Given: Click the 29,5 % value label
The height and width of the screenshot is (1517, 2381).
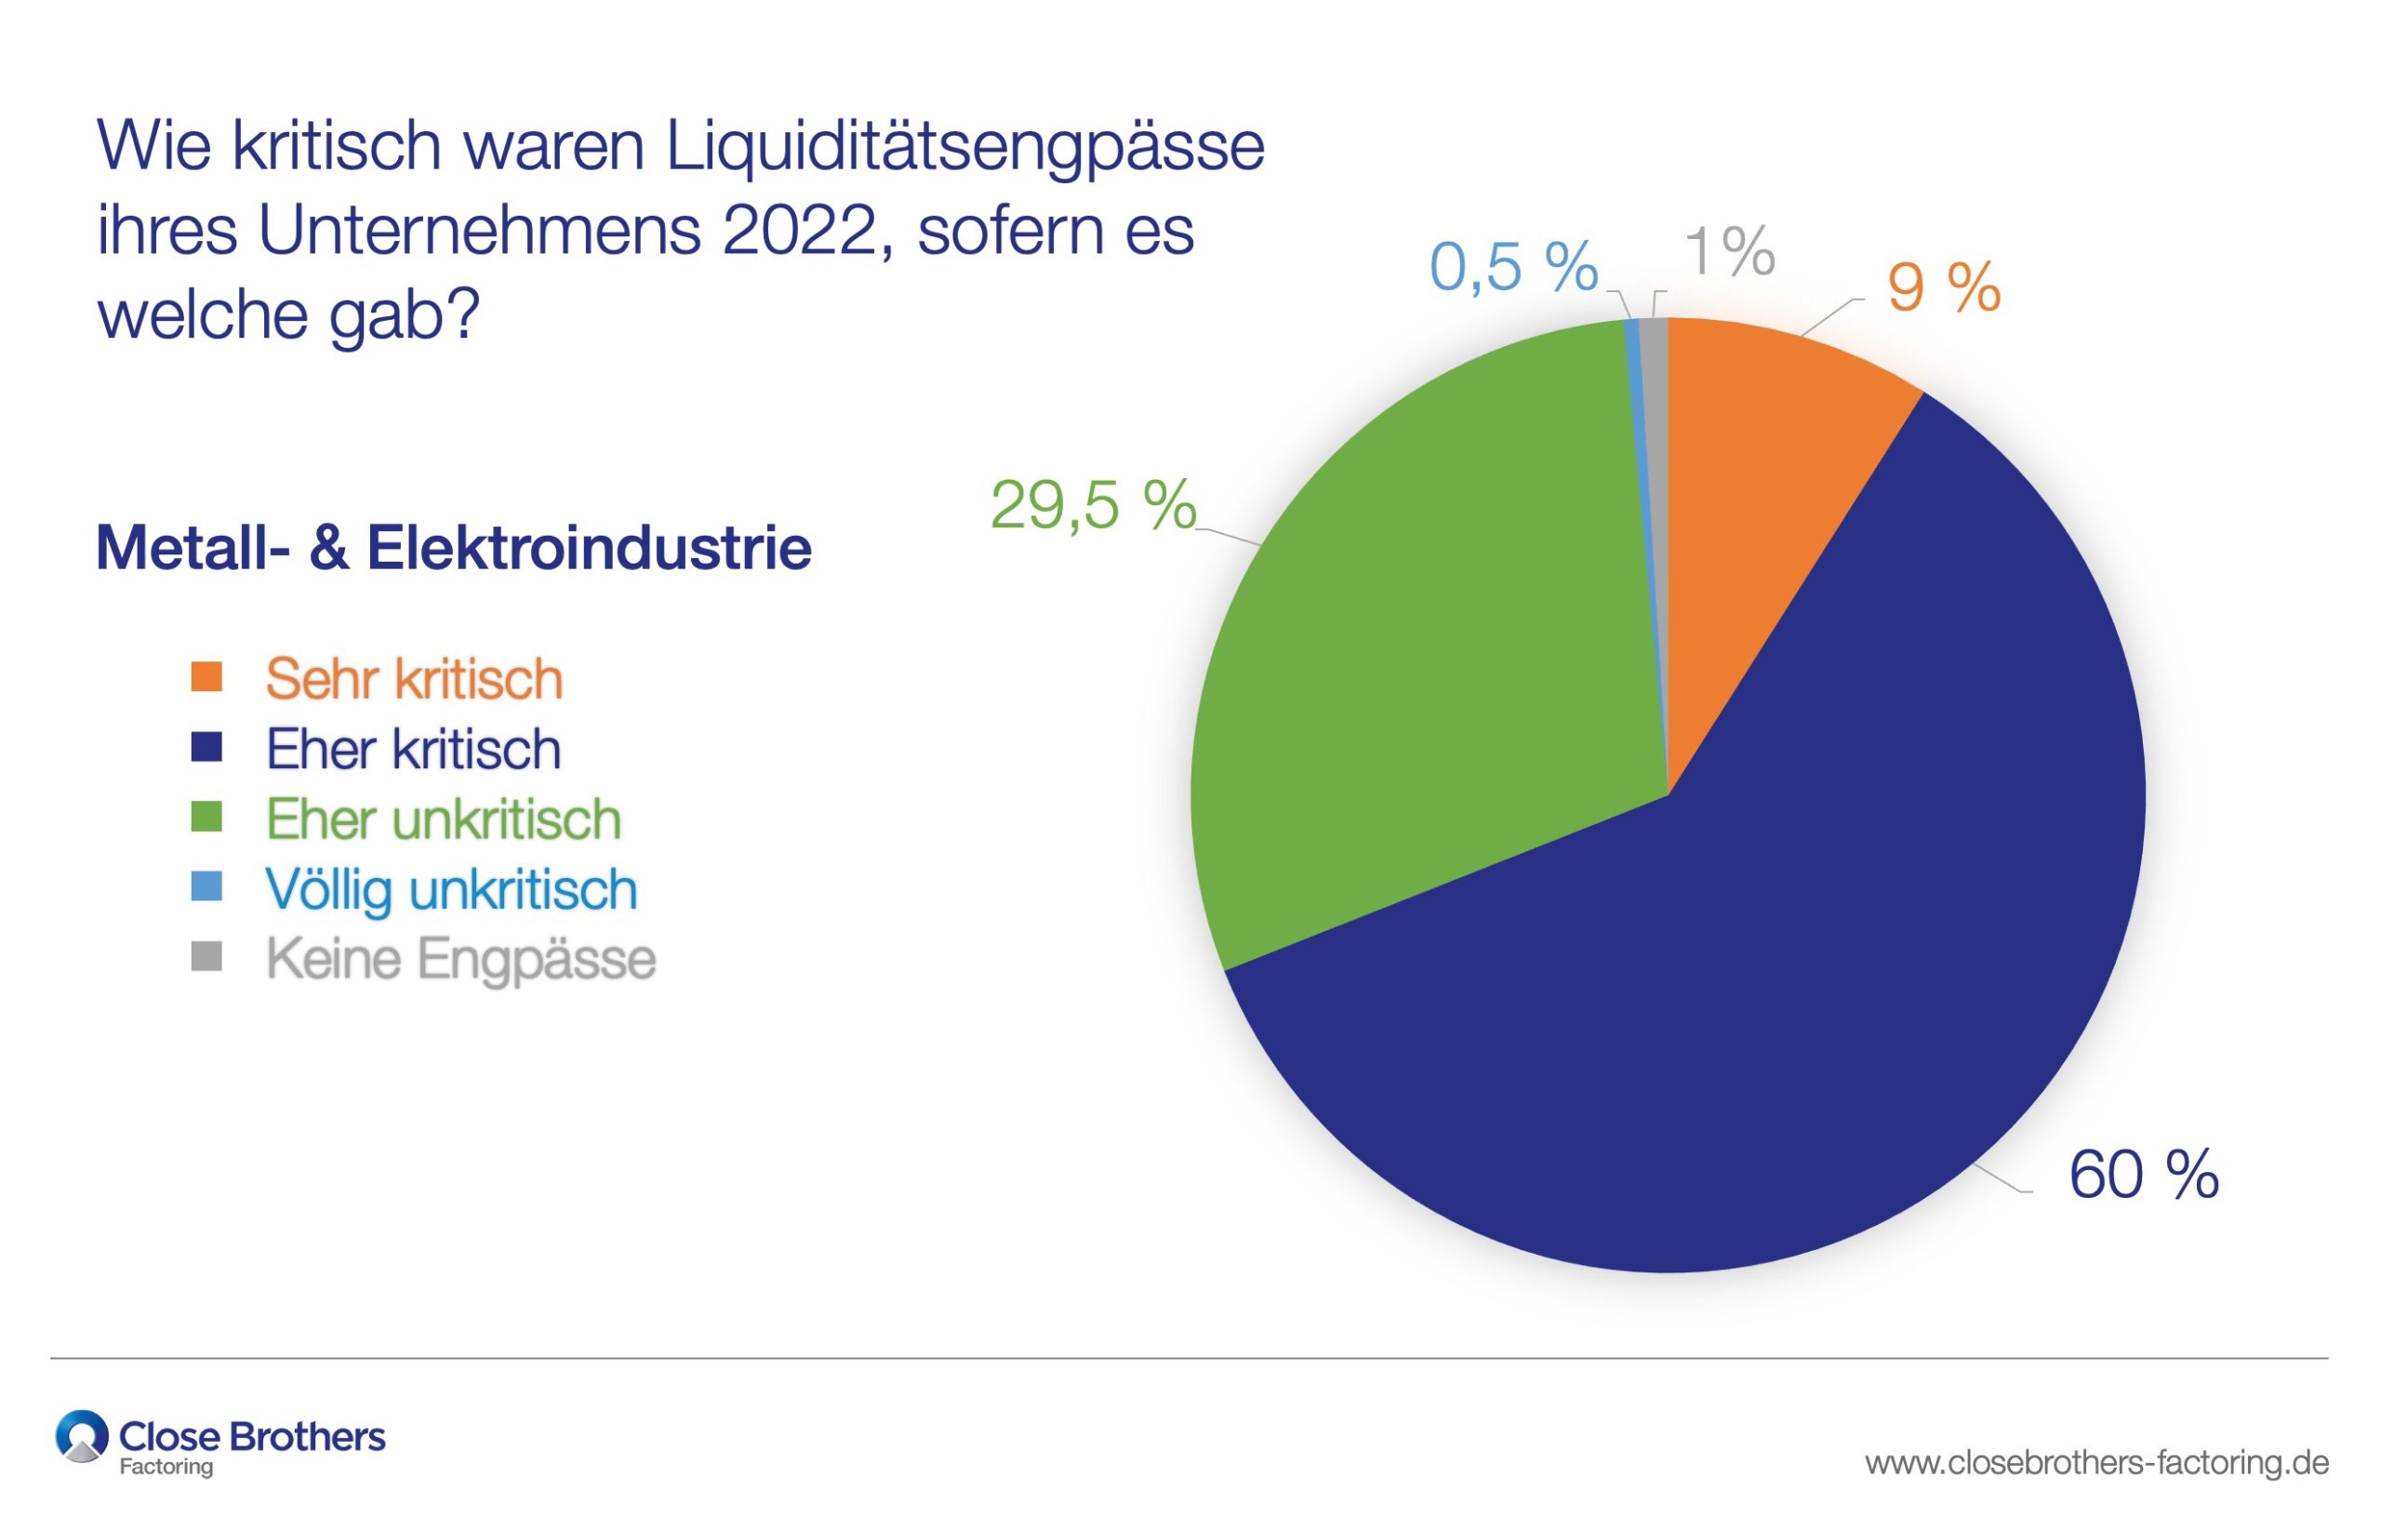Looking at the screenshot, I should tap(1093, 505).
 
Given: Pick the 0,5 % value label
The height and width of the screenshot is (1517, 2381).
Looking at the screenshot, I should tap(1513, 267).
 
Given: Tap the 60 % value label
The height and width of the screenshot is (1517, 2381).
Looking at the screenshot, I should tap(2144, 1176).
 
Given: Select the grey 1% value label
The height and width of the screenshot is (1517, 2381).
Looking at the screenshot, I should tap(1729, 251).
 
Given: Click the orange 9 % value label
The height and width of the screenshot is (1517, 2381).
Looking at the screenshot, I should tap(1943, 287).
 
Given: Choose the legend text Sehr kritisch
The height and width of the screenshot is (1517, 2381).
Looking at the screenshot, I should tap(413, 679).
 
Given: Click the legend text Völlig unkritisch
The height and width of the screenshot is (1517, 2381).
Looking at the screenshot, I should tap(451, 889).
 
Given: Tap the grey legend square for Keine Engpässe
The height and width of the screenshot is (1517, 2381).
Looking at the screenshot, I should tap(206, 957).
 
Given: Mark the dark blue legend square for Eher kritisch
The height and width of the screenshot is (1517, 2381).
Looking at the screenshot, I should tap(206, 747).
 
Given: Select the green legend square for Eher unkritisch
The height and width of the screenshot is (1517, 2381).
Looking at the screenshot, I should tap(206, 817).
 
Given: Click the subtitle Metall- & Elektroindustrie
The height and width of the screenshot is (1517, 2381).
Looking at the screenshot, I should tap(453, 548).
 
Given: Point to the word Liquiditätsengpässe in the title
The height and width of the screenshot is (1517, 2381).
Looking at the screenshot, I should tap(964, 146).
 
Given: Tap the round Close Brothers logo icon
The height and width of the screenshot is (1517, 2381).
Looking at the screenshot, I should tap(82, 1437).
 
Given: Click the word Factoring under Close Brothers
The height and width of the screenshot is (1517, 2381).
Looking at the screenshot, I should tap(166, 1467).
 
